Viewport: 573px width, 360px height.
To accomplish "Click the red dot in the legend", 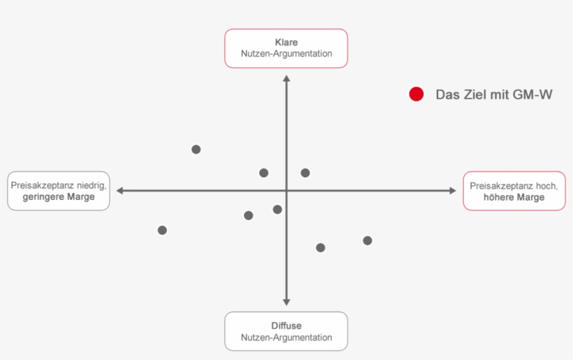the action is point(416,94).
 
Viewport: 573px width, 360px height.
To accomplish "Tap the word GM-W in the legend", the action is point(532,94).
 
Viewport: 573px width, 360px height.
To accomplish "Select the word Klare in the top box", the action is point(286,43).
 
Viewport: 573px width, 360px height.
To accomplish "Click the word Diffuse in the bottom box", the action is point(286,326).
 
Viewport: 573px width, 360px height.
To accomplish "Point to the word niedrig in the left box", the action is point(92,186).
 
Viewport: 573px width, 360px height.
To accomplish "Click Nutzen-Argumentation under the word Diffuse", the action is point(286,338).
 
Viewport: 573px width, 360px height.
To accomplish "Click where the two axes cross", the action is point(286,190).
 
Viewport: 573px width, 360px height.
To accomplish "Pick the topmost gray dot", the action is point(196,149).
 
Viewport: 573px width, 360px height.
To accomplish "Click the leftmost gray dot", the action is point(162,230).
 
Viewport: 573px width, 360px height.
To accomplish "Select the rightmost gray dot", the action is point(368,240).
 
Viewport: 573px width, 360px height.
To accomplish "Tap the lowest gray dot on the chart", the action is point(321,247).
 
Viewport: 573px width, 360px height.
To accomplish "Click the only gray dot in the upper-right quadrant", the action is point(305,173).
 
